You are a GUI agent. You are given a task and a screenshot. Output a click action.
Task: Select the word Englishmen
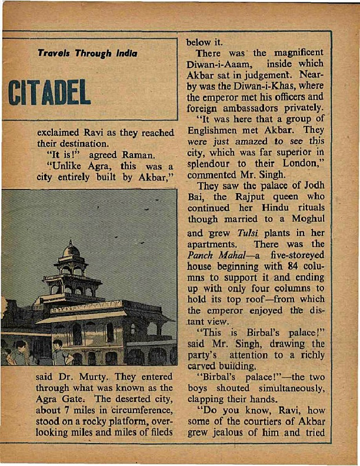219,129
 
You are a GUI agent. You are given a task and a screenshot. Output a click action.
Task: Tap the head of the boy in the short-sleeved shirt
57,345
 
